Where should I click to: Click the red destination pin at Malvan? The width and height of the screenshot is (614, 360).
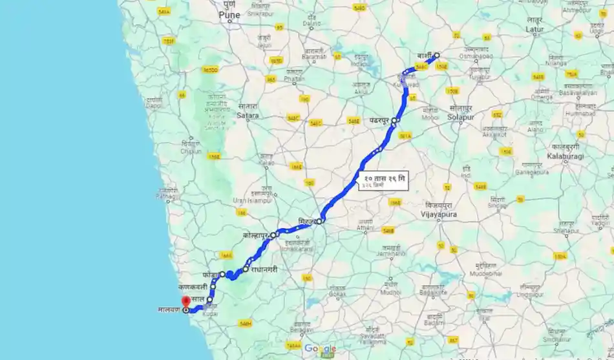(x=186, y=300)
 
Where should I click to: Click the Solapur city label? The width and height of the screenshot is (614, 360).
(x=460, y=118)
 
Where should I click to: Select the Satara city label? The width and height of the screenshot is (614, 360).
(x=248, y=116)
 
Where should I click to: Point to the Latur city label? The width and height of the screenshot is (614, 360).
(x=534, y=29)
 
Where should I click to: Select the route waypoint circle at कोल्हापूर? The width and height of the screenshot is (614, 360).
(x=273, y=235)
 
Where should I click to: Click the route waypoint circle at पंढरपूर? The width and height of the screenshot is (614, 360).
(x=395, y=121)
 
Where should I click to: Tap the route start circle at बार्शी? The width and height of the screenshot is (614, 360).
(x=437, y=56)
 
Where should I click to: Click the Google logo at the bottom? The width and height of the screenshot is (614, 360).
(x=321, y=348)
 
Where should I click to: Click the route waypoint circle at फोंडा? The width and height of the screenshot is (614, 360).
(x=222, y=275)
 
